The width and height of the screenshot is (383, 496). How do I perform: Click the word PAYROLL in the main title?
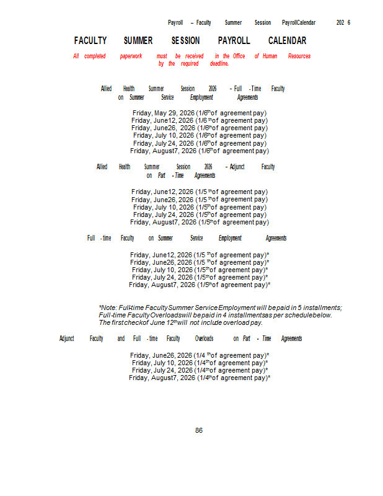click(x=234, y=41)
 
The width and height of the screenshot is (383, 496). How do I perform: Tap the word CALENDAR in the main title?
click(x=287, y=41)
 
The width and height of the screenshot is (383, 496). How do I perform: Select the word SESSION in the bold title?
click(x=185, y=41)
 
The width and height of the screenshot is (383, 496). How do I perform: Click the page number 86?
click(x=199, y=430)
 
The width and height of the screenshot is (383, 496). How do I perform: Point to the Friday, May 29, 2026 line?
click(x=200, y=113)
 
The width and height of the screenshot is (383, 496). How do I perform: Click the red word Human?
click(x=270, y=56)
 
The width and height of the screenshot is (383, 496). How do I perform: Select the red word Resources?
click(x=299, y=56)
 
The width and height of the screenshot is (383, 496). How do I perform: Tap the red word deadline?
click(x=219, y=63)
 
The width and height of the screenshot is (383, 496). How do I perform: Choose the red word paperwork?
click(x=131, y=56)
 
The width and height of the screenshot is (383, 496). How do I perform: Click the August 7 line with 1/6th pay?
click(x=200, y=151)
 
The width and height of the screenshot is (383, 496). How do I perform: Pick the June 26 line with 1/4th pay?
click(x=200, y=355)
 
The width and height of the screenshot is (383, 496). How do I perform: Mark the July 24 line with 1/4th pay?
click(x=200, y=370)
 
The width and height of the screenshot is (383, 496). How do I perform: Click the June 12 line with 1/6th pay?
click(x=200, y=120)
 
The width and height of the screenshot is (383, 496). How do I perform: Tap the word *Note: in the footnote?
click(x=108, y=308)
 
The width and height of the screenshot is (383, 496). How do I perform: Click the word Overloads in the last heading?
click(x=204, y=339)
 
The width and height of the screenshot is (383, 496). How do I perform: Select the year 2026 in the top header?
click(x=343, y=22)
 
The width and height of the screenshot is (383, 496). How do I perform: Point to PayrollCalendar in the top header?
click(x=299, y=22)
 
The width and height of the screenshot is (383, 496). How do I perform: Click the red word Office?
click(x=239, y=56)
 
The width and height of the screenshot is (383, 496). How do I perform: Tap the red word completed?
click(x=95, y=56)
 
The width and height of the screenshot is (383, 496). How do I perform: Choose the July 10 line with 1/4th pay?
click(x=200, y=363)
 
